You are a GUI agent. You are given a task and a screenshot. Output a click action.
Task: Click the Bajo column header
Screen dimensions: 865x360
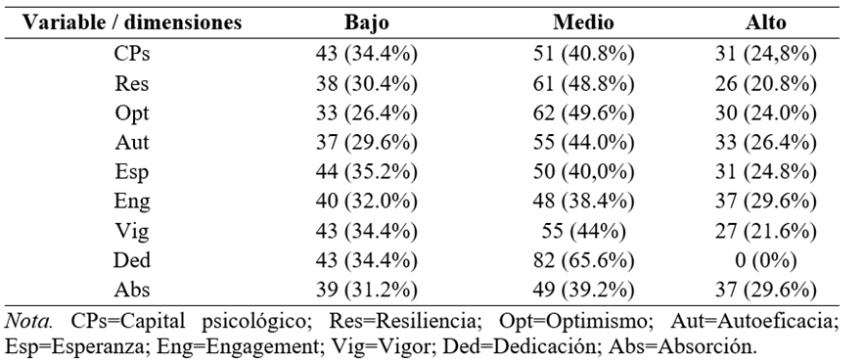click(x=366, y=22)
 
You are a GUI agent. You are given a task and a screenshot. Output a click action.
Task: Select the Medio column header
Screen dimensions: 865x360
click(x=583, y=22)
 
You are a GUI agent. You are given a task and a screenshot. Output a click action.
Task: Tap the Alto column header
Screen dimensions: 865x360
click(x=766, y=22)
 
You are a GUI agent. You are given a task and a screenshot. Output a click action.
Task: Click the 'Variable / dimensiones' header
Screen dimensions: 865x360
click(x=132, y=22)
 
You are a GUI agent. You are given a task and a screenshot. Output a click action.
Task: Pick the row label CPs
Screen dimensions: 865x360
click(x=132, y=54)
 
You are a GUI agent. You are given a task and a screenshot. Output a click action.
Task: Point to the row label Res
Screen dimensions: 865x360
click(x=132, y=83)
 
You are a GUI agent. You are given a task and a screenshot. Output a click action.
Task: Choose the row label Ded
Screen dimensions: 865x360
click(x=132, y=259)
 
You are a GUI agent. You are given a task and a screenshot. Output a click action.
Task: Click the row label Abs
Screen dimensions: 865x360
click(x=132, y=290)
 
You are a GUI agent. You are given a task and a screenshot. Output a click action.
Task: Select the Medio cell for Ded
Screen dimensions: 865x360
click(x=583, y=260)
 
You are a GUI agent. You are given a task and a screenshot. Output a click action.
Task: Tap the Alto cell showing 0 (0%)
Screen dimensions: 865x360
click(x=766, y=260)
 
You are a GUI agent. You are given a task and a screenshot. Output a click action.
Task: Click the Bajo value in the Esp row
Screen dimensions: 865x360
click(x=366, y=172)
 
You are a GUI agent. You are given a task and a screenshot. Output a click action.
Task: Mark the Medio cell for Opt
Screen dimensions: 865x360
click(x=583, y=113)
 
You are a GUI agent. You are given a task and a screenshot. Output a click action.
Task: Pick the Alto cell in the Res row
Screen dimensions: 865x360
click(x=766, y=84)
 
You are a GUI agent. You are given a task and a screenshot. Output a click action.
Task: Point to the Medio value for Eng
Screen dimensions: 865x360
click(x=583, y=202)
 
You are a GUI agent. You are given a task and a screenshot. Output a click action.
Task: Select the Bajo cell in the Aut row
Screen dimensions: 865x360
click(x=366, y=142)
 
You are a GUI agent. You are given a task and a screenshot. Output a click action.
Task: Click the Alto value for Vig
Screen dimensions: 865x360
click(x=766, y=231)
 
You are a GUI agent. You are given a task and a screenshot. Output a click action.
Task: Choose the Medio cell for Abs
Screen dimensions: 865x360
click(x=583, y=290)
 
